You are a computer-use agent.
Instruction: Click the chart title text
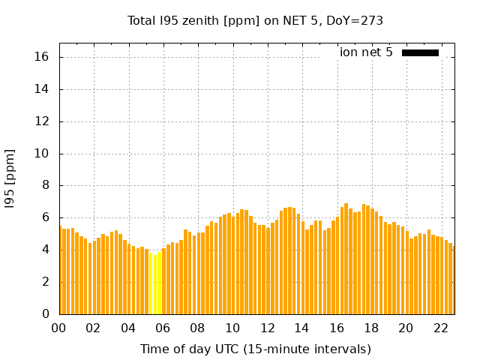coord(255,21)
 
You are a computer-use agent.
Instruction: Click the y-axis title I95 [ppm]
coord(10,178)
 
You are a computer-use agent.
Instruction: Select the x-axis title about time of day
coord(255,349)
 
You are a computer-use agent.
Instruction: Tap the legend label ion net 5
coord(366,52)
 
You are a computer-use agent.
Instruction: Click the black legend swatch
coord(420,52)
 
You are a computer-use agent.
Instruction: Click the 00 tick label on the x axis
coord(59,328)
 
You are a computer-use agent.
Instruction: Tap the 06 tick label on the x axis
coord(163,328)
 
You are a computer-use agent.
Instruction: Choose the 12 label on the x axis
coord(268,328)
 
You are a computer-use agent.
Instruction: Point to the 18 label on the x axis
coord(371,328)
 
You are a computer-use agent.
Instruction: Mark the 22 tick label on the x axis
coord(441,328)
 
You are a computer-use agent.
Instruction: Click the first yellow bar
coord(151,285)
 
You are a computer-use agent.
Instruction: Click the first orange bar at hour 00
coord(61,270)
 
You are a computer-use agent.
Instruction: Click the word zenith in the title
coord(198,21)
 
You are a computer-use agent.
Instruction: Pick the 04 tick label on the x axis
coord(129,328)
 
